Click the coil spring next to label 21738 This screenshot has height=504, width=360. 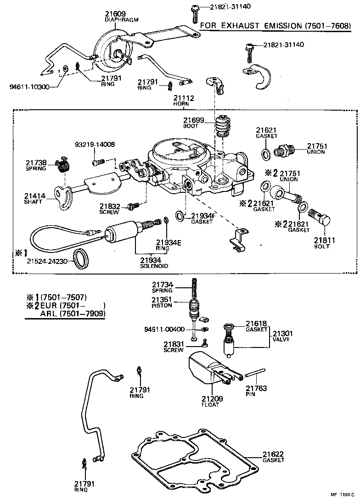pos(62,164)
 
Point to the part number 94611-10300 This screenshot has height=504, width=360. pos(29,87)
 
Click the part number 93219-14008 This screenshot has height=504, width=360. pos(95,144)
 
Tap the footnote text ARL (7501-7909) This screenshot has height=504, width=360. pos(73,314)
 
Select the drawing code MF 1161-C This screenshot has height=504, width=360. pos(342,495)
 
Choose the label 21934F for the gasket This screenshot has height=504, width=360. pos(203,215)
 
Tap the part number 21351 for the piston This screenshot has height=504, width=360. pos(162,299)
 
